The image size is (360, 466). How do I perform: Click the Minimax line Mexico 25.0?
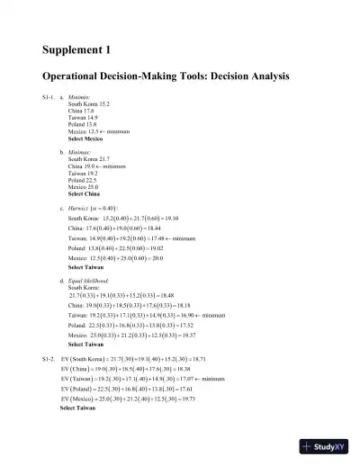[x=85, y=188]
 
